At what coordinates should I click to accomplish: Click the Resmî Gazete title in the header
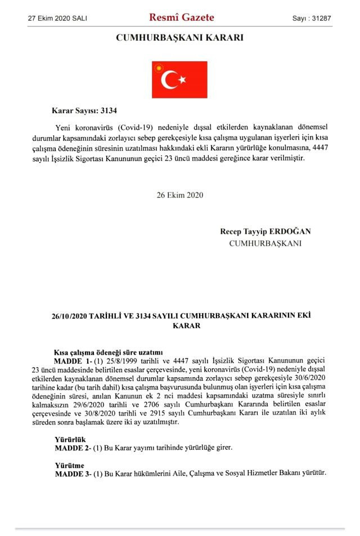[181, 17]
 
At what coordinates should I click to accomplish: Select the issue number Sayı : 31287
[311, 19]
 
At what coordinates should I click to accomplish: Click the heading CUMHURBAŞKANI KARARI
[179, 38]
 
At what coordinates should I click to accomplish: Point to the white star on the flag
[182, 81]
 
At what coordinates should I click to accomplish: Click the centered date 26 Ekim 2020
[179, 195]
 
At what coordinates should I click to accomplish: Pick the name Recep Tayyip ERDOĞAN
[265, 231]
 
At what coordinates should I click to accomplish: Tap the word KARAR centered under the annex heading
[179, 325]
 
